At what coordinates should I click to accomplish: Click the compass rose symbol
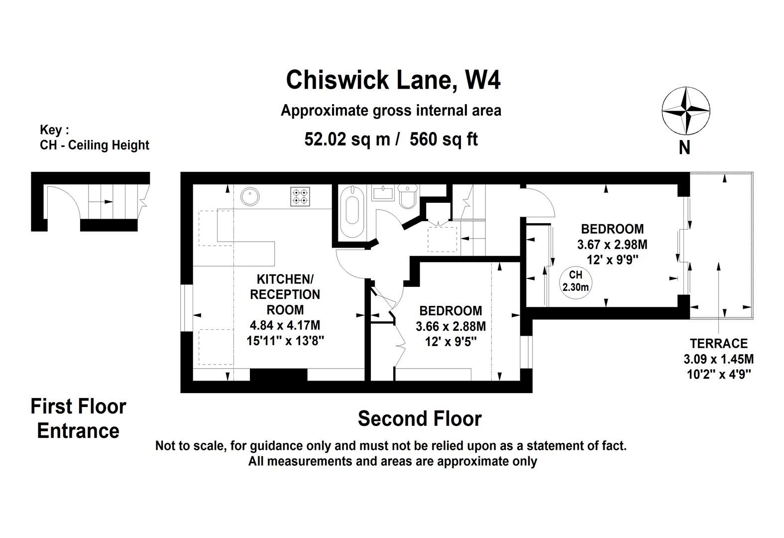pos(685,111)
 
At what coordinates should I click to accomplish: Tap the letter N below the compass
pos(684,147)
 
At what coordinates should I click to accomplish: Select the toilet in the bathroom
pos(407,197)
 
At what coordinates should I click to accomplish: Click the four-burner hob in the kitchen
pos(300,196)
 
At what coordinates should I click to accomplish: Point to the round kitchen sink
pos(250,196)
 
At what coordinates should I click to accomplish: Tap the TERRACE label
pos(718,344)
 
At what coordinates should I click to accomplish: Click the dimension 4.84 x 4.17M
pos(285,325)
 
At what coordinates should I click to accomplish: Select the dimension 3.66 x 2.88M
pos(450,326)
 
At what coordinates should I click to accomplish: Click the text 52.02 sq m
pos(347,139)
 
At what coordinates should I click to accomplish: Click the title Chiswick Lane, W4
pos(393,80)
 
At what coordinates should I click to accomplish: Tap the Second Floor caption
pos(419,419)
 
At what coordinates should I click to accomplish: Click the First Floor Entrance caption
pos(78,418)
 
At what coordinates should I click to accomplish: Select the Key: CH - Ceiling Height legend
pos(94,138)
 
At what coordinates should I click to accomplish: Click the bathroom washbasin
pos(383,192)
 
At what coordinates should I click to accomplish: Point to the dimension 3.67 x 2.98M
pos(612,245)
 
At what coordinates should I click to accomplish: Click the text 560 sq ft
pos(444,139)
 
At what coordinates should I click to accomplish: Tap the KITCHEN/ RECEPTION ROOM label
pos(285,294)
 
